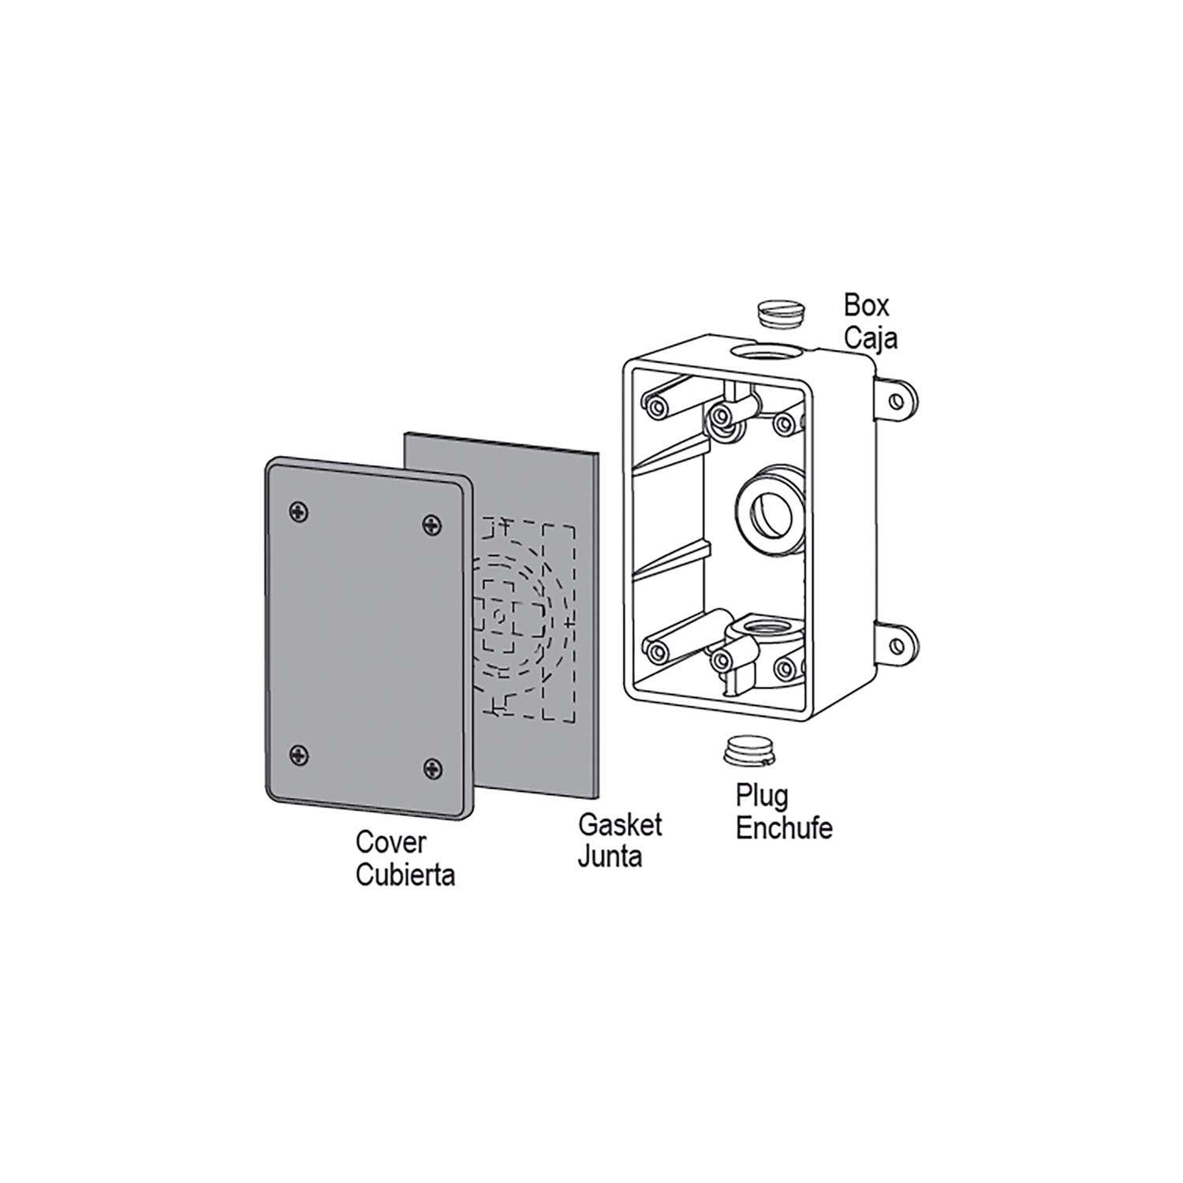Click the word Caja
[x=871, y=338]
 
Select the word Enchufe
[x=783, y=828]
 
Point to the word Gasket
[x=620, y=825]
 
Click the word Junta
[x=609, y=857]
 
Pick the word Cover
[x=390, y=842]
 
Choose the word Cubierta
[x=405, y=875]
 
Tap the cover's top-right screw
[x=431, y=523]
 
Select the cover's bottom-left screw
[x=298, y=754]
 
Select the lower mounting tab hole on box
[x=896, y=646]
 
